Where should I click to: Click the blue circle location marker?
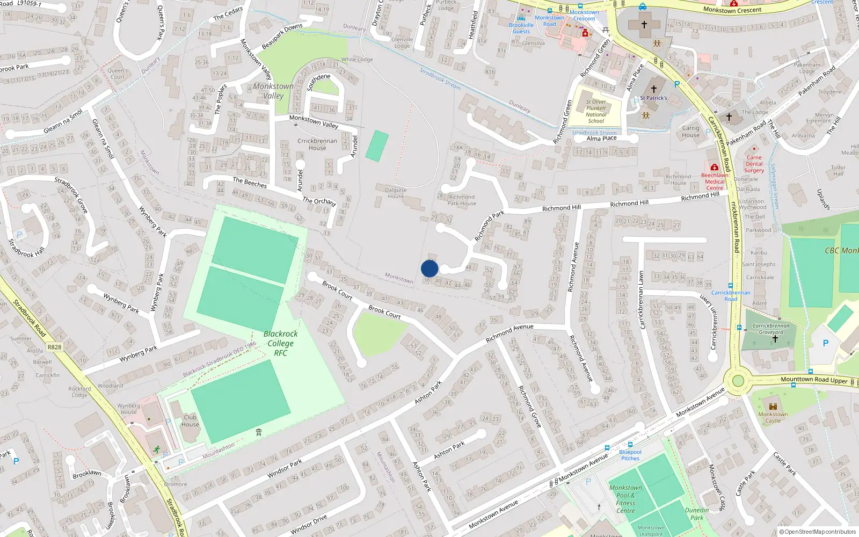[429, 268]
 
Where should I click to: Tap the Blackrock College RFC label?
[280, 343]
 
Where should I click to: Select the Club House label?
[190, 420]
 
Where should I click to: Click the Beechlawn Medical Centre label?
[715, 182]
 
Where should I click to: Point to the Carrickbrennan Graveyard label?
[771, 329]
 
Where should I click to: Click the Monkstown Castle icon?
[773, 407]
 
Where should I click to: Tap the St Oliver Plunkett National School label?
[596, 111]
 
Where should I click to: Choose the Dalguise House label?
[396, 193]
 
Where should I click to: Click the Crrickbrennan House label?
[317, 144]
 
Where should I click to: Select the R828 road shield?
[54, 347]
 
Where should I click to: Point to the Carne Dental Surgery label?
[754, 164]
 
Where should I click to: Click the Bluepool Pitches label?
[630, 455]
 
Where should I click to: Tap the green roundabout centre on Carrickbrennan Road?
[738, 381]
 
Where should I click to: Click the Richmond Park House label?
[462, 200]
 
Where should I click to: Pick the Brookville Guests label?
[521, 28]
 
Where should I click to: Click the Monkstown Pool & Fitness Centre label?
[625, 499]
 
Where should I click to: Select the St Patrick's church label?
[653, 98]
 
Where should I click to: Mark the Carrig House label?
[690, 132]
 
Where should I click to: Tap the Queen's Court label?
[118, 74]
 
